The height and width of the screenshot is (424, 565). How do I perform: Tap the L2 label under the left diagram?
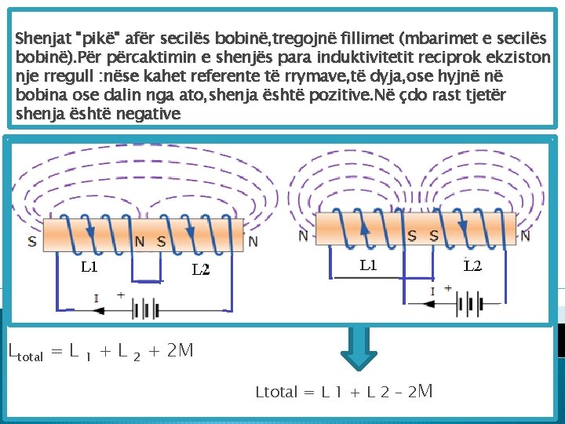point(202,270)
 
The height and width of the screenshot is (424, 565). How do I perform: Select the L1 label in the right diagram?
point(368,265)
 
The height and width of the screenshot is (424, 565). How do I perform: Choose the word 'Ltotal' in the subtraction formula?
point(277,391)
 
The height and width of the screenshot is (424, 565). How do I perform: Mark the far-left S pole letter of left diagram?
point(31,241)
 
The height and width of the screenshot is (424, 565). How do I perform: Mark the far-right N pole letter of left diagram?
point(252,241)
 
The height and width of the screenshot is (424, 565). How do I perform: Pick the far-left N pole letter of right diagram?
point(303,236)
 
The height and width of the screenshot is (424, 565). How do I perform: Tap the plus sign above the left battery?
point(121,295)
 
